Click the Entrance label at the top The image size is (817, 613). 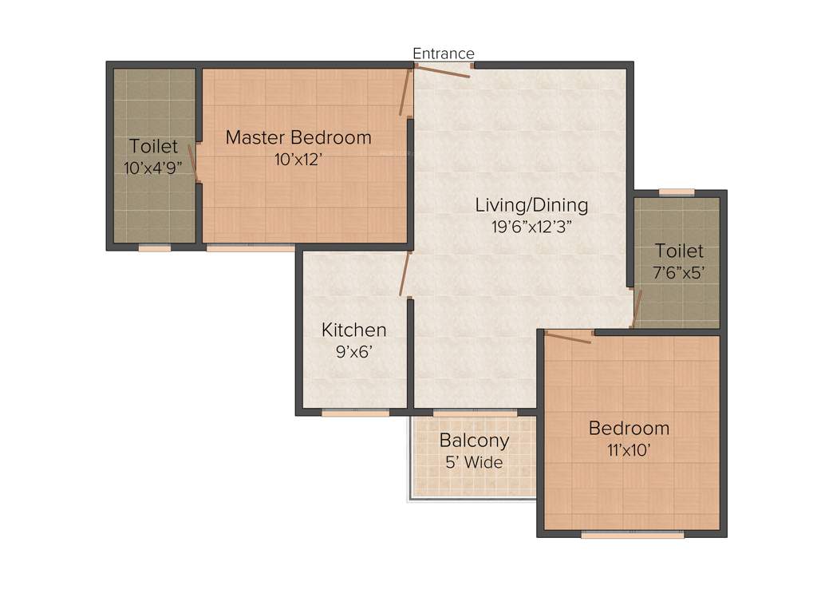pos(444,53)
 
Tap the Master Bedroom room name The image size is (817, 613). pos(298,137)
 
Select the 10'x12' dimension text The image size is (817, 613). pos(298,159)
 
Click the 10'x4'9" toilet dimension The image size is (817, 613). pos(154,168)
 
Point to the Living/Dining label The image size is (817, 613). pos(531,204)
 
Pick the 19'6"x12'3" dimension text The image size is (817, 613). pos(531,226)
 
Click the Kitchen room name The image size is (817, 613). pos(353,330)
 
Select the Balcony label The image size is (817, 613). pos(474,440)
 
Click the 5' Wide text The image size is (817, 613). pos(474,461)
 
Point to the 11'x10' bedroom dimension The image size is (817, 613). pos(629,449)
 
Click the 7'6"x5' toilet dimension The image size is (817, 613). pos(679,271)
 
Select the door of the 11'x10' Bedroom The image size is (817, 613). pos(568,337)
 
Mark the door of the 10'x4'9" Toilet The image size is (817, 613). pos(192,162)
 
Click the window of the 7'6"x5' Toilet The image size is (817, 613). pos(677,192)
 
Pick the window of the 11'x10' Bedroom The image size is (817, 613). pos(632,535)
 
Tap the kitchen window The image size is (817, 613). pos(355,413)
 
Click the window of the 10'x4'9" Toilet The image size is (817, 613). pos(154,248)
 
